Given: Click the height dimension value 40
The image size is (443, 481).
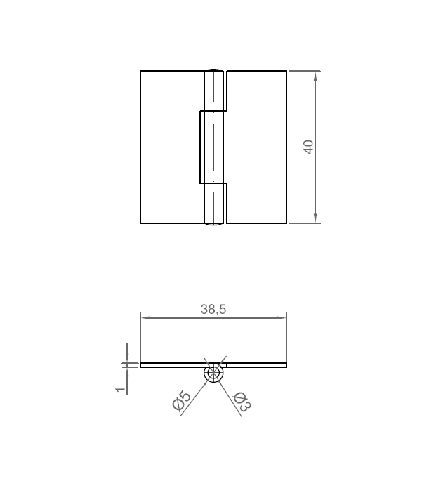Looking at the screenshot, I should coord(308,147).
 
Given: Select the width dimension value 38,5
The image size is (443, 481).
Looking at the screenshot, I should coord(213,308).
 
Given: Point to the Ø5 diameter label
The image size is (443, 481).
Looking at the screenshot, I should coord(181,401).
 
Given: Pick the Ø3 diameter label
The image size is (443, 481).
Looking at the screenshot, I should coord(242,401).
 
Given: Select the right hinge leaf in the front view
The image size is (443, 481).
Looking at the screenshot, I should coord(257,147).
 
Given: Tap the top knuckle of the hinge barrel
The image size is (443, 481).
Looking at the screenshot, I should coord(214,90).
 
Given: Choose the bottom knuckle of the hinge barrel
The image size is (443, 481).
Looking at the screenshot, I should coord(214,204).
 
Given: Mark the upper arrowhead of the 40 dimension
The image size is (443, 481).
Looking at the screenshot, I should coord(315,76).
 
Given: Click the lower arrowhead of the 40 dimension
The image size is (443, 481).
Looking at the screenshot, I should coord(315,218).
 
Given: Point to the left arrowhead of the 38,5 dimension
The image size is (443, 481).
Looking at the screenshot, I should coord(145,318).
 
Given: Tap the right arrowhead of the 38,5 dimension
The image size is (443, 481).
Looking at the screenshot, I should coord(282,318).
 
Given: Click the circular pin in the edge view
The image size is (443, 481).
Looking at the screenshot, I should coord(213,373).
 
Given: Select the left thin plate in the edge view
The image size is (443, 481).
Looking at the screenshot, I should coord(172,365).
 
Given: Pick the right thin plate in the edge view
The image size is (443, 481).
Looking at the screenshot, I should coord(256,365).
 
